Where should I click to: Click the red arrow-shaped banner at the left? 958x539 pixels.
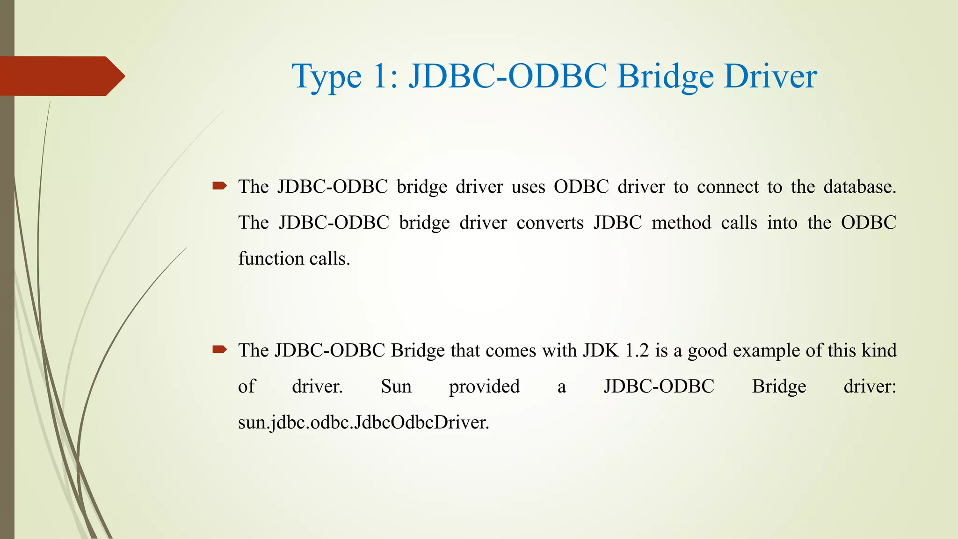[61, 76]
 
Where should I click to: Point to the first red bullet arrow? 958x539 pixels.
[219, 186]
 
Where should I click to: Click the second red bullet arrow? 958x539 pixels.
[219, 350]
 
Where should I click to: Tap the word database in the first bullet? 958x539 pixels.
[859, 187]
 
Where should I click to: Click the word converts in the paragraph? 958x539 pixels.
[550, 223]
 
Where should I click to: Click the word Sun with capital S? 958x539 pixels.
[396, 386]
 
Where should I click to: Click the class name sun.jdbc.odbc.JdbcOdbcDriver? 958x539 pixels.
[363, 422]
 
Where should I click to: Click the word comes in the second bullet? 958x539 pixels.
[509, 350]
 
